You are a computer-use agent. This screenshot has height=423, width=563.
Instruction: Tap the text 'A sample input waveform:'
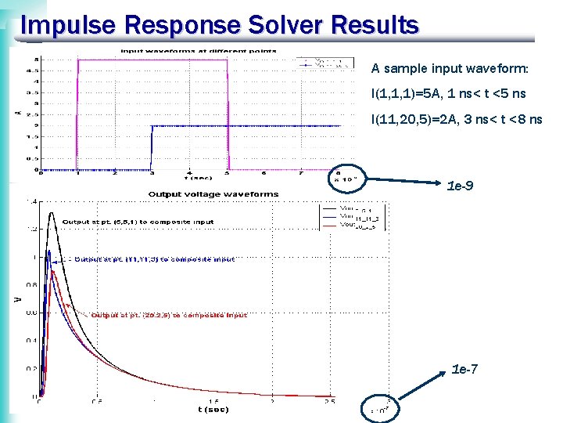pos(450,69)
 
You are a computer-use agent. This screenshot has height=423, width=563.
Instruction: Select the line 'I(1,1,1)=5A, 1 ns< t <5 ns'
pos(448,94)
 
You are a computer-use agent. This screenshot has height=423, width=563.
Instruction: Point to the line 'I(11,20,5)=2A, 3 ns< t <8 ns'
pos(457,119)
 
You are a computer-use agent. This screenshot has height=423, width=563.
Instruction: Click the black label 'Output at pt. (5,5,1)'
pos(138,222)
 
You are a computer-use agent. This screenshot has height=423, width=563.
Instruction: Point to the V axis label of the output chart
pos(17,298)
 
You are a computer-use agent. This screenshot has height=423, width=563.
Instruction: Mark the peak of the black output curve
pos(52,212)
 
